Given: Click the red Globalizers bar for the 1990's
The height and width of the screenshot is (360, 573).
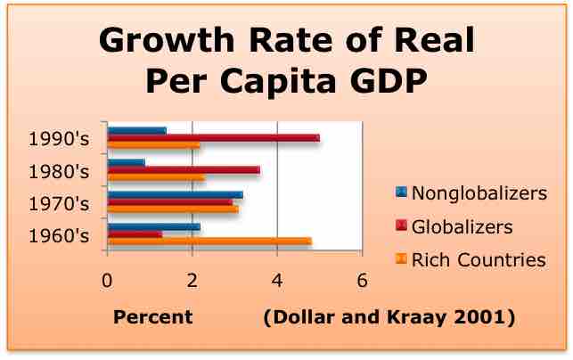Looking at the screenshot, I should coord(213,138).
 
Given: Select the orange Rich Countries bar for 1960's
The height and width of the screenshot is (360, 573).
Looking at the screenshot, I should coord(209,241).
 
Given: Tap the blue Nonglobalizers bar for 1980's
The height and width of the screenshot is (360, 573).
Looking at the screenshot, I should coord(126,162).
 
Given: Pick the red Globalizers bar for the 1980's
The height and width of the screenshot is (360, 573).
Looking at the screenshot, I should coord(183,169).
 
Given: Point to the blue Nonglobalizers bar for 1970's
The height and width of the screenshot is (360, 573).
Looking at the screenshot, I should coord(175,193).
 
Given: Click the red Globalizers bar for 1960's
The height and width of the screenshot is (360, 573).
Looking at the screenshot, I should coord(135,234).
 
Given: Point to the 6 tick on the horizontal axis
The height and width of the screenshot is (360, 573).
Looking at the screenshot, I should coord(362,279).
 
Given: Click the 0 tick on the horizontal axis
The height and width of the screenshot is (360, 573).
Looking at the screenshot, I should coord(107,279).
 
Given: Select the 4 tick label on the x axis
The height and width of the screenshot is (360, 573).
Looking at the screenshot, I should coord(277,279).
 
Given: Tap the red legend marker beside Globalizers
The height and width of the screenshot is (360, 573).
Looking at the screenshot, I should coord(400,226).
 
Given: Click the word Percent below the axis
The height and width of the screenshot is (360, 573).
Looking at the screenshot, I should coord(152,316).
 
